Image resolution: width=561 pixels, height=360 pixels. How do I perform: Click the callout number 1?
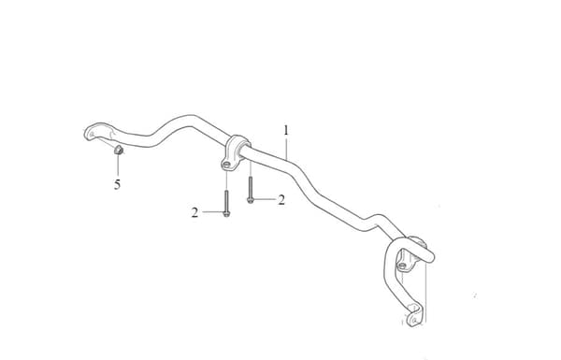click(x=286, y=130)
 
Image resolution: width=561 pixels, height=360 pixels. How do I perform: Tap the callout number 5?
click(x=118, y=184)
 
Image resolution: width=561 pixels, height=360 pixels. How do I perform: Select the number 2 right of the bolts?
click(x=281, y=200)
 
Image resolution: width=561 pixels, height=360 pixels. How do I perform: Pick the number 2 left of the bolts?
click(x=194, y=213)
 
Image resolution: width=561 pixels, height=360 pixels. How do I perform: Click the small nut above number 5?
click(x=119, y=150)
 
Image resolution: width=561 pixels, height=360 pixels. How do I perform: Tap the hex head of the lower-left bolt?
click(x=226, y=213)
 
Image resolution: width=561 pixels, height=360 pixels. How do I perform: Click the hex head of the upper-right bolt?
click(x=250, y=200)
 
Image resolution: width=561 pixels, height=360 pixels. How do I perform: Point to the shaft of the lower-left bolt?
click(x=226, y=201)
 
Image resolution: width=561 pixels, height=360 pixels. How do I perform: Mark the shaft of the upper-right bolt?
click(x=250, y=187)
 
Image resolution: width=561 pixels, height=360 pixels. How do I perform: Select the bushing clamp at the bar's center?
click(x=235, y=152)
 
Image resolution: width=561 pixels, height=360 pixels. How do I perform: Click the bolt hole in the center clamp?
click(x=226, y=165)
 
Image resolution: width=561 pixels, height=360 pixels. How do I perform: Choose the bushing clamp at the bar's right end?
click(x=411, y=254)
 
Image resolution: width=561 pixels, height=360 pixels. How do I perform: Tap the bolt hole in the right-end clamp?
click(x=402, y=266)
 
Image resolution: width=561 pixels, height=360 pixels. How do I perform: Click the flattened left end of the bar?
click(x=96, y=132)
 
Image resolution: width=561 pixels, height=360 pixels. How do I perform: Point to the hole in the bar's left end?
click(x=92, y=135)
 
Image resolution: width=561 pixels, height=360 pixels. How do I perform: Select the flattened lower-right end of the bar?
click(x=415, y=315)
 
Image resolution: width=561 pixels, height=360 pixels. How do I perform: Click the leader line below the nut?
click(x=118, y=166)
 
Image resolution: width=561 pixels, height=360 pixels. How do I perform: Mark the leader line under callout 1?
click(x=286, y=148)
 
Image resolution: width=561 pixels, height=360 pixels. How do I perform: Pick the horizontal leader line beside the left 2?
click(x=212, y=212)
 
